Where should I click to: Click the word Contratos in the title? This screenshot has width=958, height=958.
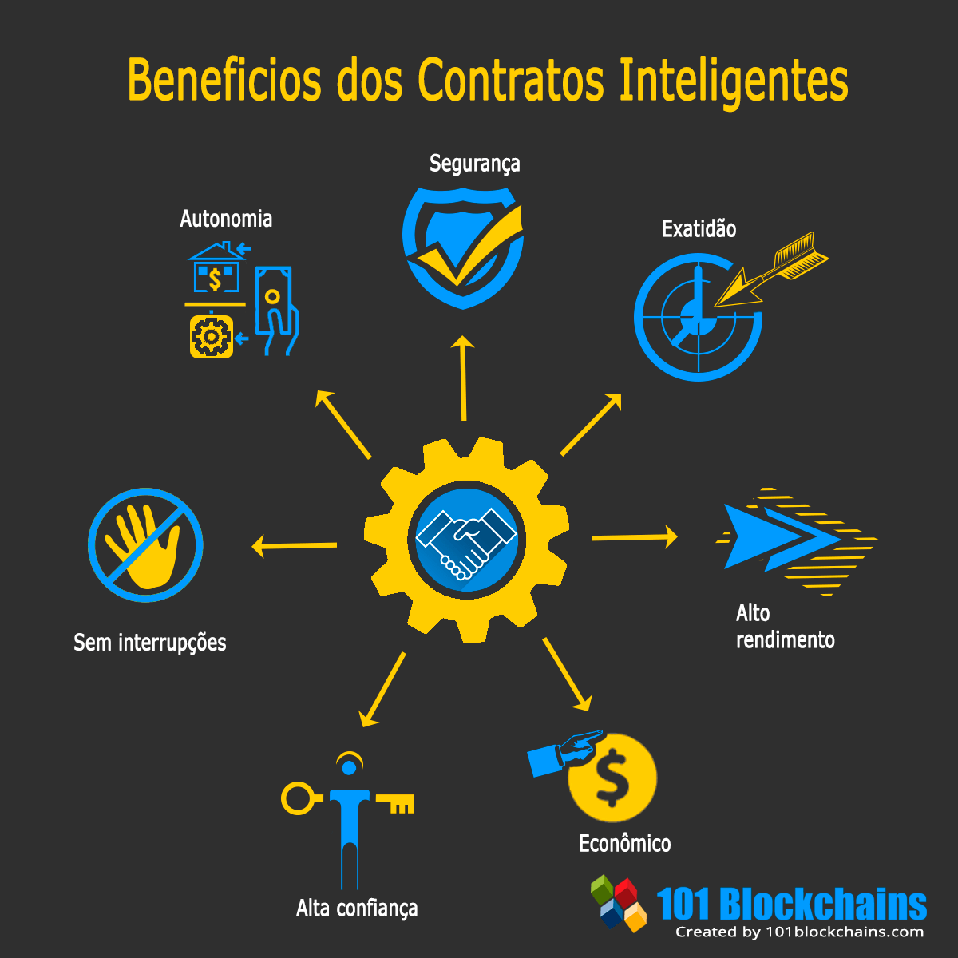[511, 80]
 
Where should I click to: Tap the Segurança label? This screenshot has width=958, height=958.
[475, 164]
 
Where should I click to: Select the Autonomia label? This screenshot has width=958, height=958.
[226, 220]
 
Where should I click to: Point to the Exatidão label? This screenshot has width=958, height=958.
[699, 228]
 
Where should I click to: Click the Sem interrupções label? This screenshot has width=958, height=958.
[149, 643]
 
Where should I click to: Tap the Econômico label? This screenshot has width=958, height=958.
[625, 843]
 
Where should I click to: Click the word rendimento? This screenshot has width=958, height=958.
[785, 639]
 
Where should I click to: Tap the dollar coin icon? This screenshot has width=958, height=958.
[612, 778]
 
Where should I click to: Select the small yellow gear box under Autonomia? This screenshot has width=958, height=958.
[212, 337]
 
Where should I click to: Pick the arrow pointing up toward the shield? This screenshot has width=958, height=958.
[463, 378]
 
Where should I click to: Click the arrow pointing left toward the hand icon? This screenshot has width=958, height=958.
[295, 546]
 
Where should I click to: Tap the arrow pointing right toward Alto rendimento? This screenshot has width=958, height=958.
[635, 537]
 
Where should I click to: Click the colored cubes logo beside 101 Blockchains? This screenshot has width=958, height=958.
[618, 903]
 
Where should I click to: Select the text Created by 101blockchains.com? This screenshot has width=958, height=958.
[799, 932]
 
